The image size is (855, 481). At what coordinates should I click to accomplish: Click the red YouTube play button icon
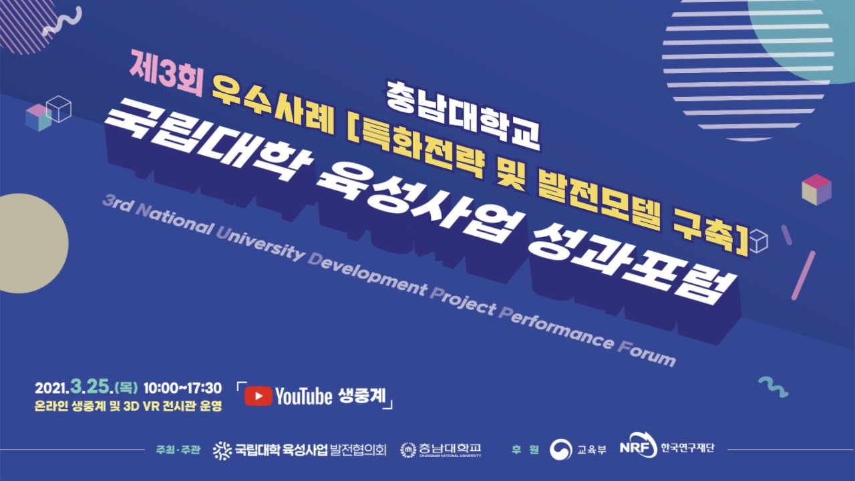click(x=258, y=396)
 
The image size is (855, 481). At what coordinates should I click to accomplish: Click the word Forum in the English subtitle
click(x=647, y=353)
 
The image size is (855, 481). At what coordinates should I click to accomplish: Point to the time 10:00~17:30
click(x=182, y=388)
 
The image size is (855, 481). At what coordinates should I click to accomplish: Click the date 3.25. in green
click(x=92, y=387)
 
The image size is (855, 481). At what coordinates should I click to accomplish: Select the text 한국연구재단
click(x=687, y=448)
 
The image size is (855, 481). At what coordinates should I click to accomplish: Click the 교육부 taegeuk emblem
click(x=560, y=450)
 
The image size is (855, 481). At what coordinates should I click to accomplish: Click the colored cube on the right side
click(x=816, y=190)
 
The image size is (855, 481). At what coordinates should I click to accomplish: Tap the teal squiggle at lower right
click(x=774, y=387)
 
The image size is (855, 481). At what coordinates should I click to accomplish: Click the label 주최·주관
click(x=178, y=450)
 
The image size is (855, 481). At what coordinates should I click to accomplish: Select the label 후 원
click(x=525, y=450)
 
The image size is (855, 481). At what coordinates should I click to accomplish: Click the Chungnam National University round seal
click(x=408, y=450)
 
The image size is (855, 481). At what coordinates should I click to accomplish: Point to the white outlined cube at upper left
click(x=59, y=109)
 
